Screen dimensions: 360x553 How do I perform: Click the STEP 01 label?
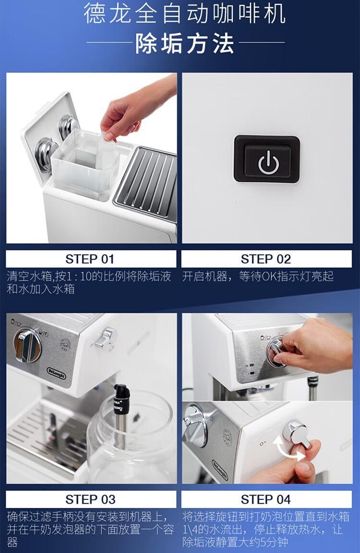(x=90, y=259)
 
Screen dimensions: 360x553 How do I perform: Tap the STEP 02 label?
(x=266, y=259)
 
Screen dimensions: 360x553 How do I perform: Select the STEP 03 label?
(x=90, y=499)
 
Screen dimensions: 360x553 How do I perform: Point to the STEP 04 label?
(x=266, y=499)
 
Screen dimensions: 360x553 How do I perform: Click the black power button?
(x=267, y=159)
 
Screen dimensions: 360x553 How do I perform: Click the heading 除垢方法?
(x=185, y=43)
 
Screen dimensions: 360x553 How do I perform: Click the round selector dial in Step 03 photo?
(x=27, y=346)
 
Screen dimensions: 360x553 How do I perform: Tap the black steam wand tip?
(x=122, y=399)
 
